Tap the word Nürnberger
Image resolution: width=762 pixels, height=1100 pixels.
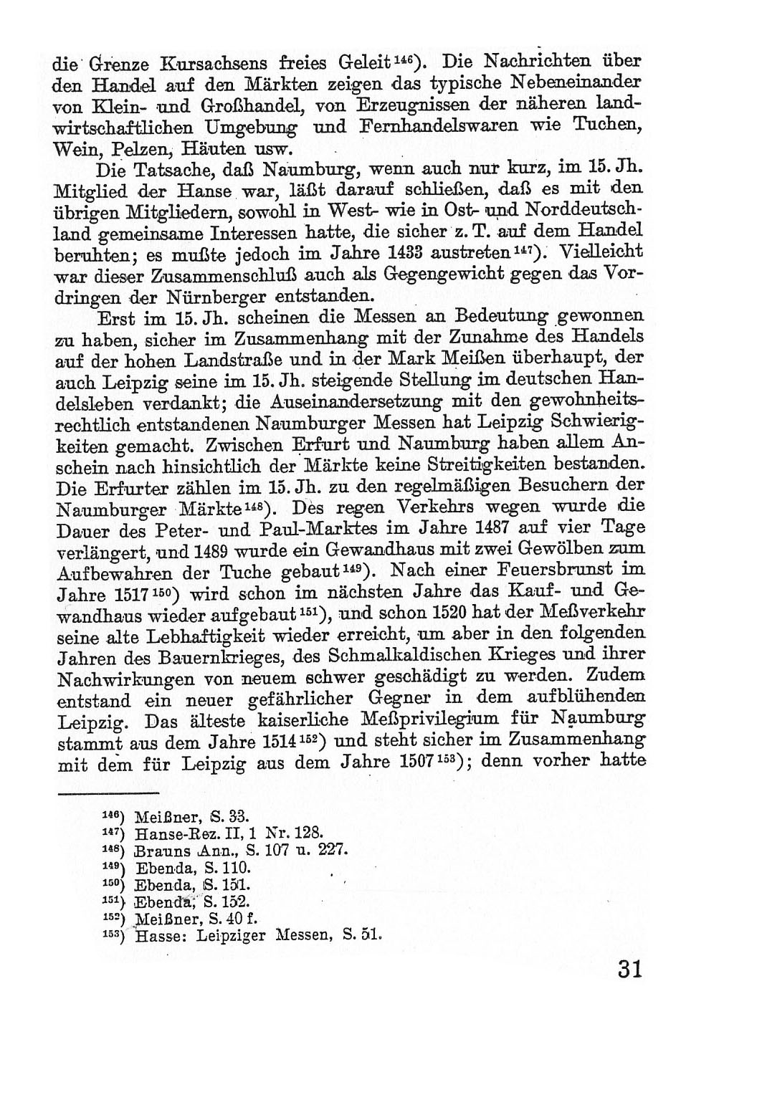(x=218, y=295)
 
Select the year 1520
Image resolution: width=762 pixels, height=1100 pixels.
(x=451, y=613)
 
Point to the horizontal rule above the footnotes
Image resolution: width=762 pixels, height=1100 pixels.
(x=108, y=793)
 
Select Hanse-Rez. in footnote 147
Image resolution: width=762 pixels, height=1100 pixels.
(x=168, y=833)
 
